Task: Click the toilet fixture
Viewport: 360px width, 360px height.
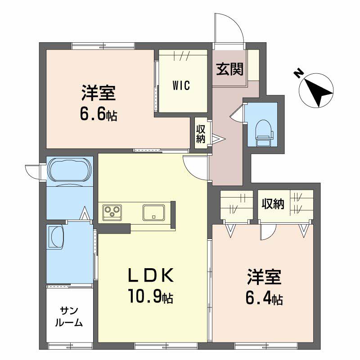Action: point(264,134)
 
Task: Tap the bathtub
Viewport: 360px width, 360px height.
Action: point(70,170)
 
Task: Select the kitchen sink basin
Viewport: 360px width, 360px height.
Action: point(153,212)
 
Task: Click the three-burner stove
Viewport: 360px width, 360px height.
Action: point(112,211)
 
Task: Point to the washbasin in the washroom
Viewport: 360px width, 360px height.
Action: point(56,237)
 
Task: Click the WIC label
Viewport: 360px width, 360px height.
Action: point(181,85)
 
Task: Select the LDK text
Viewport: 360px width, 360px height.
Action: point(150,275)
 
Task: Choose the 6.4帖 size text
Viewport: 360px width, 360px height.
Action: point(264,298)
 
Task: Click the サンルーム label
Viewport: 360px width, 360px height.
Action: point(69,317)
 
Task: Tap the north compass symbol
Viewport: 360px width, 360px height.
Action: point(316,90)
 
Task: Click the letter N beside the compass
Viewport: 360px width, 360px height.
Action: point(298,74)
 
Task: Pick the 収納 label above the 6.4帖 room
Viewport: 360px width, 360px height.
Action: point(273,203)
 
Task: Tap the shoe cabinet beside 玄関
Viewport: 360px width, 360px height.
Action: point(253,65)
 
